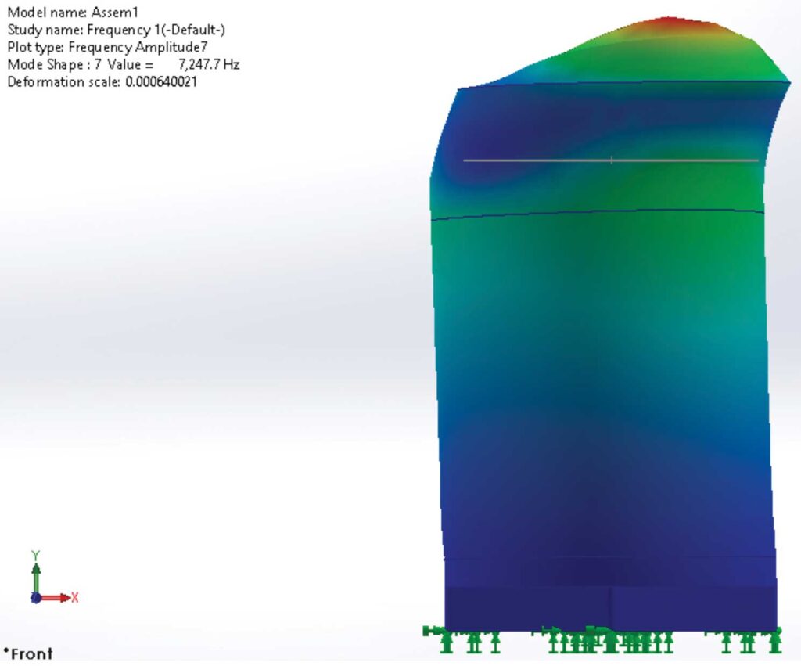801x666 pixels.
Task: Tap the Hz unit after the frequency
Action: pyautogui.click(x=232, y=65)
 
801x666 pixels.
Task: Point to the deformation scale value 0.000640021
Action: pyautogui.click(x=161, y=82)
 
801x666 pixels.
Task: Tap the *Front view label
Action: pyautogui.click(x=28, y=653)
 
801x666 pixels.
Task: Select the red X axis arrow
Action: pyautogui.click(x=55, y=598)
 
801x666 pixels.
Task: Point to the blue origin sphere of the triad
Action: pyautogui.click(x=35, y=598)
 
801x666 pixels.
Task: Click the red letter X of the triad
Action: pyautogui.click(x=75, y=598)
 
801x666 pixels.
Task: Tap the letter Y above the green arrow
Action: pyautogui.click(x=35, y=555)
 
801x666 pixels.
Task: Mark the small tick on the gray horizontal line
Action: pyautogui.click(x=612, y=160)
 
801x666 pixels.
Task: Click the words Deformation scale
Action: pyautogui.click(x=63, y=82)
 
